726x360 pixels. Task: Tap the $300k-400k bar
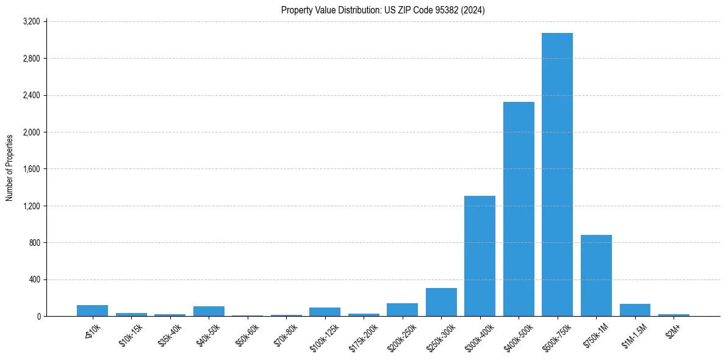480,256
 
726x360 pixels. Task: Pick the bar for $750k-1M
596,275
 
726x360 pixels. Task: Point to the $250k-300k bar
441,302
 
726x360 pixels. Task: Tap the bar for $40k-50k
209,311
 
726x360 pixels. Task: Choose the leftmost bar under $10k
92,311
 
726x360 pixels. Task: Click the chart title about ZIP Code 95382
383,10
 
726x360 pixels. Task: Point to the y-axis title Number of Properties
10,168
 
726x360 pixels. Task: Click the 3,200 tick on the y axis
31,21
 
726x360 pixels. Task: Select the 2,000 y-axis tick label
31,132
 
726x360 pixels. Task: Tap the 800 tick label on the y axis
34,242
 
